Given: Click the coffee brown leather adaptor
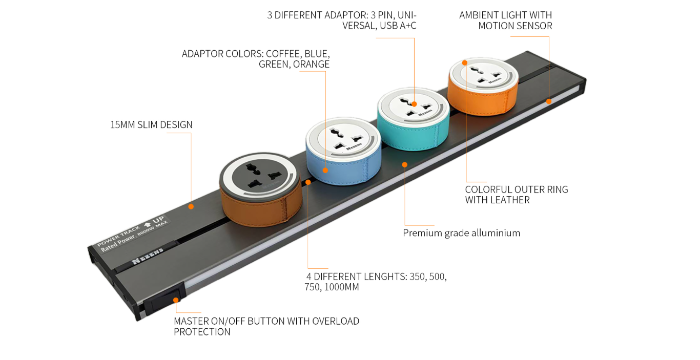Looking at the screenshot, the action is tap(261, 190).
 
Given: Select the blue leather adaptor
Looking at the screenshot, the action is tap(343, 152).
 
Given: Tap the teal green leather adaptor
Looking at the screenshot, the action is tap(414, 119).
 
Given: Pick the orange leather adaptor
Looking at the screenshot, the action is tap(483, 87).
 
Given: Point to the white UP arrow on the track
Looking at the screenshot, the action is tap(148, 224).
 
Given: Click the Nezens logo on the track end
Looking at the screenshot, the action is tap(148, 256).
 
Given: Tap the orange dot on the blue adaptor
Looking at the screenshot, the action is tap(325, 171).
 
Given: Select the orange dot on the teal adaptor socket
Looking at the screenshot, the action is tap(414, 104).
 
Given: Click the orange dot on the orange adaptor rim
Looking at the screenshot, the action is tap(465, 63).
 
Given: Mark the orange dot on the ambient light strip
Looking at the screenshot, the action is tap(549, 101).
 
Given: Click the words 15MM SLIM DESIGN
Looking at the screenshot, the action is tap(152, 124).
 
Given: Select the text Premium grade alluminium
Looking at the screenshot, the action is tap(461, 233).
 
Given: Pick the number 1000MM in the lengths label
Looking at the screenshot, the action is tap(342, 287).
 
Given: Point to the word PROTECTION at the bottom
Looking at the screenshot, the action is tap(202, 332).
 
